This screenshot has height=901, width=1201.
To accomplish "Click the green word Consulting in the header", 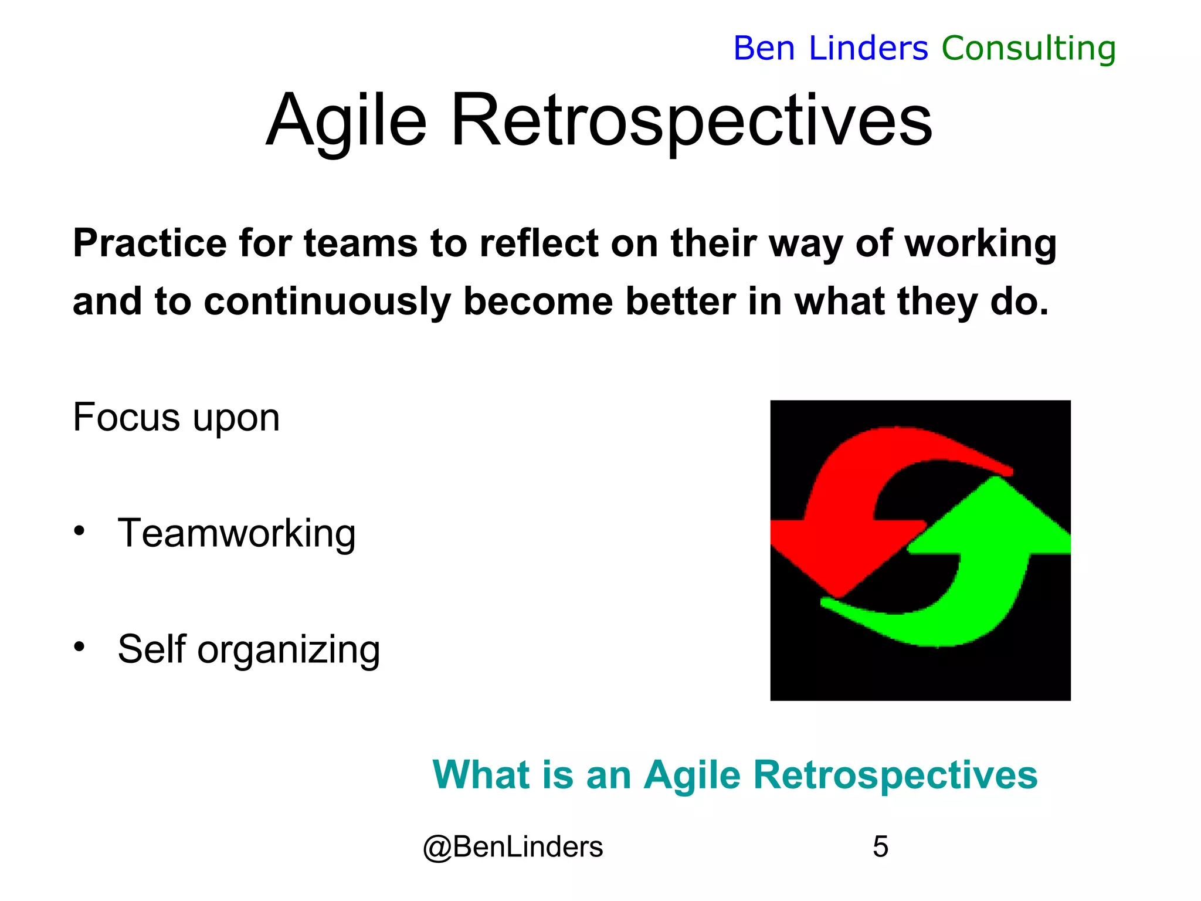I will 1029,48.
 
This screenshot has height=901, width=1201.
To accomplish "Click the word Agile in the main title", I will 347,121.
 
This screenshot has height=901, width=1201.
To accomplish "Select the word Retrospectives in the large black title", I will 691,121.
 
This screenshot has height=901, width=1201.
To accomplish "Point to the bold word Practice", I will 150,243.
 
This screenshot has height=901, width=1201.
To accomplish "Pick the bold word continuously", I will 327,302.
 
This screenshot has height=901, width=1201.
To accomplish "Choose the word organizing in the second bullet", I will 289,650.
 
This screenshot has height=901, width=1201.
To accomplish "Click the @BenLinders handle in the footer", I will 513,847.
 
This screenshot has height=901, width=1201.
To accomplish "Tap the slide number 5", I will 880,847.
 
